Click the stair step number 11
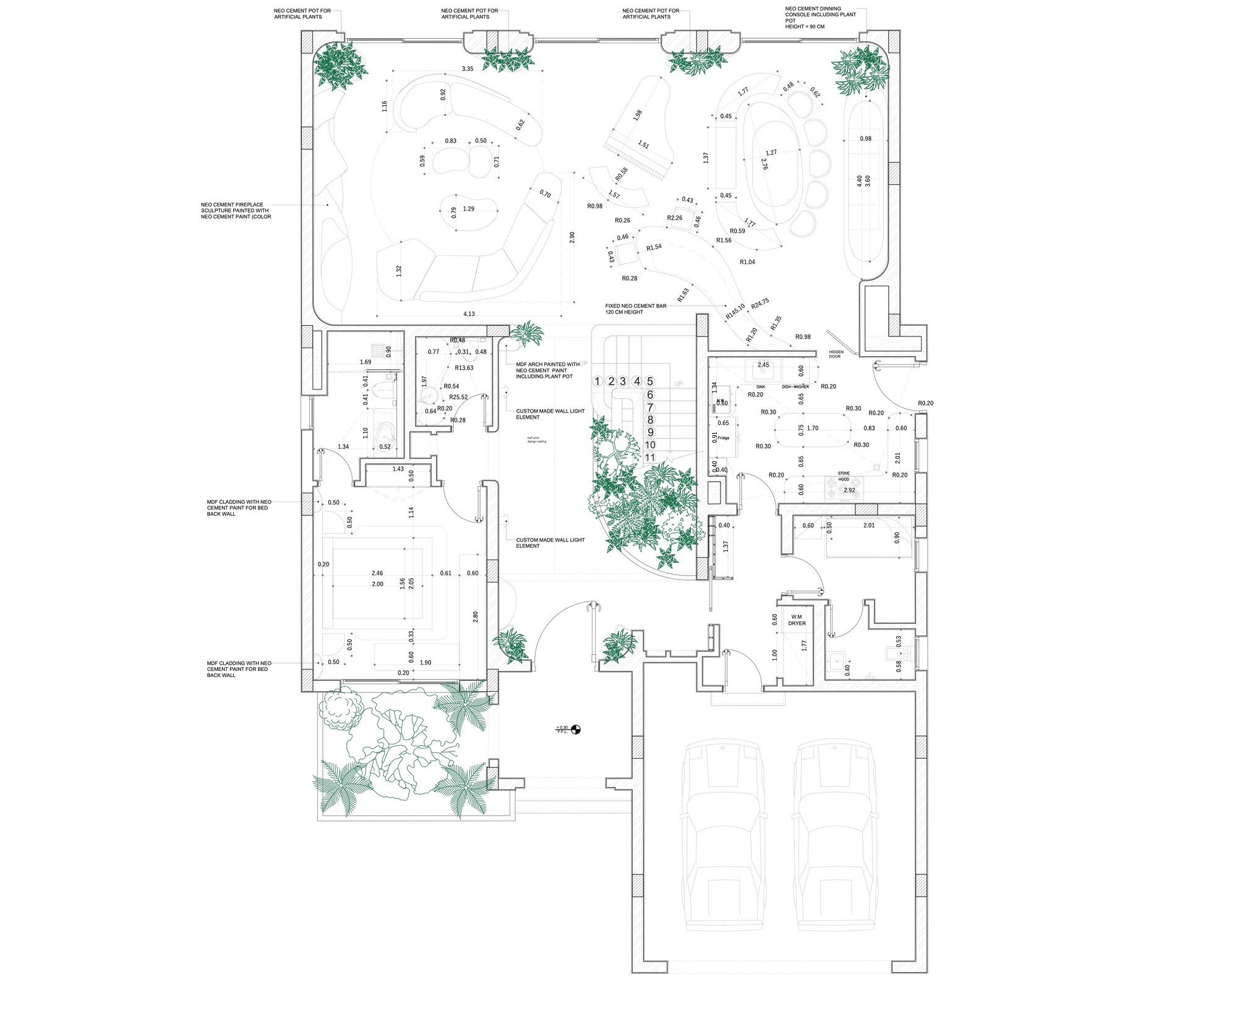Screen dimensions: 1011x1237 click(x=650, y=458)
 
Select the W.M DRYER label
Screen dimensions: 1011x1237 click(x=797, y=620)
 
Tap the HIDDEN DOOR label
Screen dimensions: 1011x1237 click(x=836, y=354)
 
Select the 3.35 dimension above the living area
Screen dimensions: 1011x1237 click(x=467, y=69)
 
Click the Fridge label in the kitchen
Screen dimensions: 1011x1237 click(x=724, y=438)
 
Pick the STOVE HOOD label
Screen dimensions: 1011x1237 click(x=844, y=476)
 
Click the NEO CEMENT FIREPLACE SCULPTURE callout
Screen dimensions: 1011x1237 click(x=236, y=210)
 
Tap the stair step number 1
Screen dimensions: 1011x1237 click(x=597, y=382)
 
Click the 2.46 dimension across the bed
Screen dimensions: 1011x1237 click(x=377, y=573)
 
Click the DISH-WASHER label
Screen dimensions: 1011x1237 click(x=795, y=386)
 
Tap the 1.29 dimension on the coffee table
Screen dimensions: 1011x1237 click(x=468, y=209)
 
